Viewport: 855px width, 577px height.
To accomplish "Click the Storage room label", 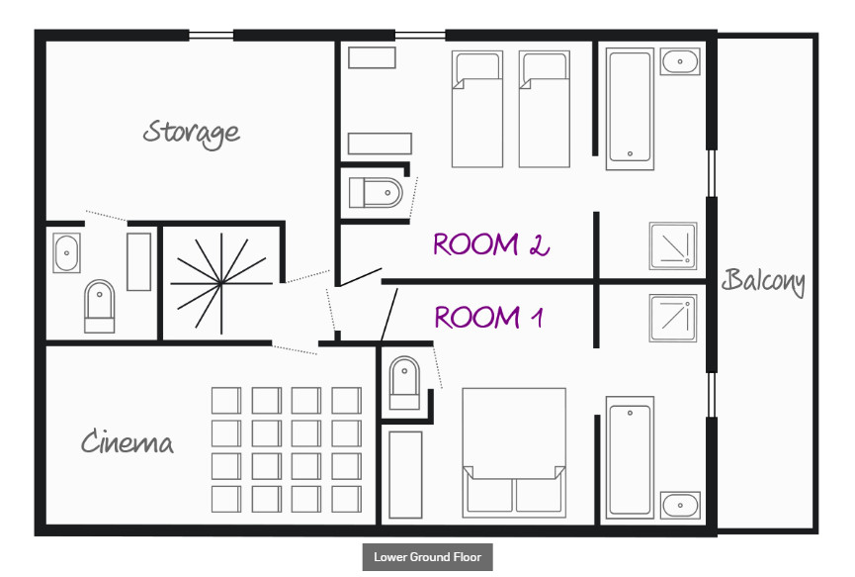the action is click(192, 134).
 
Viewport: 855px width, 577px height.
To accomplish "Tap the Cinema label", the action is click(128, 441).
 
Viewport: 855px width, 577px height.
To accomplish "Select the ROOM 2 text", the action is click(490, 244).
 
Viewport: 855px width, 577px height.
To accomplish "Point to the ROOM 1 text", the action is click(488, 317).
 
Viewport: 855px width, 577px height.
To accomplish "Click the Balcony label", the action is click(763, 281).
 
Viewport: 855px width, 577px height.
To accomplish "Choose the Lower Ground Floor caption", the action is click(427, 557).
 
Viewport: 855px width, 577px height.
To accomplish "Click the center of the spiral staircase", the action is click(220, 283).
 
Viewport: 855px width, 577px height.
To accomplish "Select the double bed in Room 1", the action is click(514, 452).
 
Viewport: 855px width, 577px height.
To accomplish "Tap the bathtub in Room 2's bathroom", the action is click(630, 109).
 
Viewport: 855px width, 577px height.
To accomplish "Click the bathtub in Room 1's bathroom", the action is click(630, 457).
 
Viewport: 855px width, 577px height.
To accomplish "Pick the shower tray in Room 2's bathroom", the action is click(673, 245).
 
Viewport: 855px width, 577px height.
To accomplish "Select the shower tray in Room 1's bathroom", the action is click(673, 319).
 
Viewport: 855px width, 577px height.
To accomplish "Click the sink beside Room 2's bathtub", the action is click(680, 61).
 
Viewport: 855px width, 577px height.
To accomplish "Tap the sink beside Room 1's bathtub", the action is click(680, 505).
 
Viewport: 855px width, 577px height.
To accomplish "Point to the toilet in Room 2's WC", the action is click(376, 193).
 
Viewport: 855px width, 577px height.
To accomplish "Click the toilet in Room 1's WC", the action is click(404, 383).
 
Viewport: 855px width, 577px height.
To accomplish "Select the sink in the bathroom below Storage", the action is click(66, 252).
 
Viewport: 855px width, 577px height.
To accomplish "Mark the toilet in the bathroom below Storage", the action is click(99, 306).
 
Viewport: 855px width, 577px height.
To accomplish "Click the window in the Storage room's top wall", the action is click(211, 36).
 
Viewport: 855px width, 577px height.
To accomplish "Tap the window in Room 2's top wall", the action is click(420, 36).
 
